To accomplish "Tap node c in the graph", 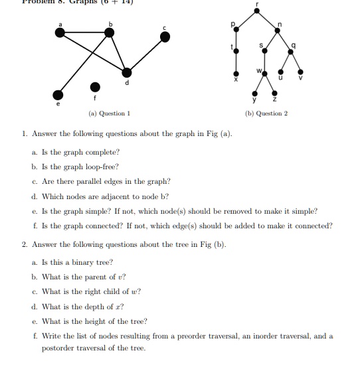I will point(165,38).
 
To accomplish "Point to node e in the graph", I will point(60,94).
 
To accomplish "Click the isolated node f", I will point(96,87).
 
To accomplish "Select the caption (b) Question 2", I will point(266,113).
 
